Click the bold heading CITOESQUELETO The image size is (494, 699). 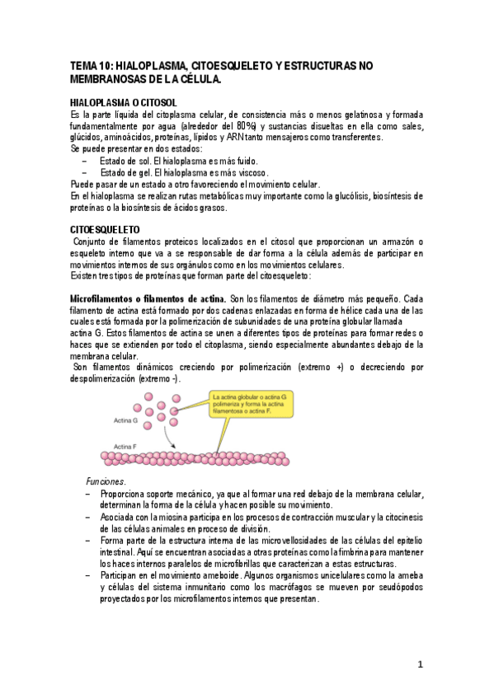105,227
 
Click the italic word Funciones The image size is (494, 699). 106,481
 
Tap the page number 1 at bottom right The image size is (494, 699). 420,664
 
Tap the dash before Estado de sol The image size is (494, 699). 77,161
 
